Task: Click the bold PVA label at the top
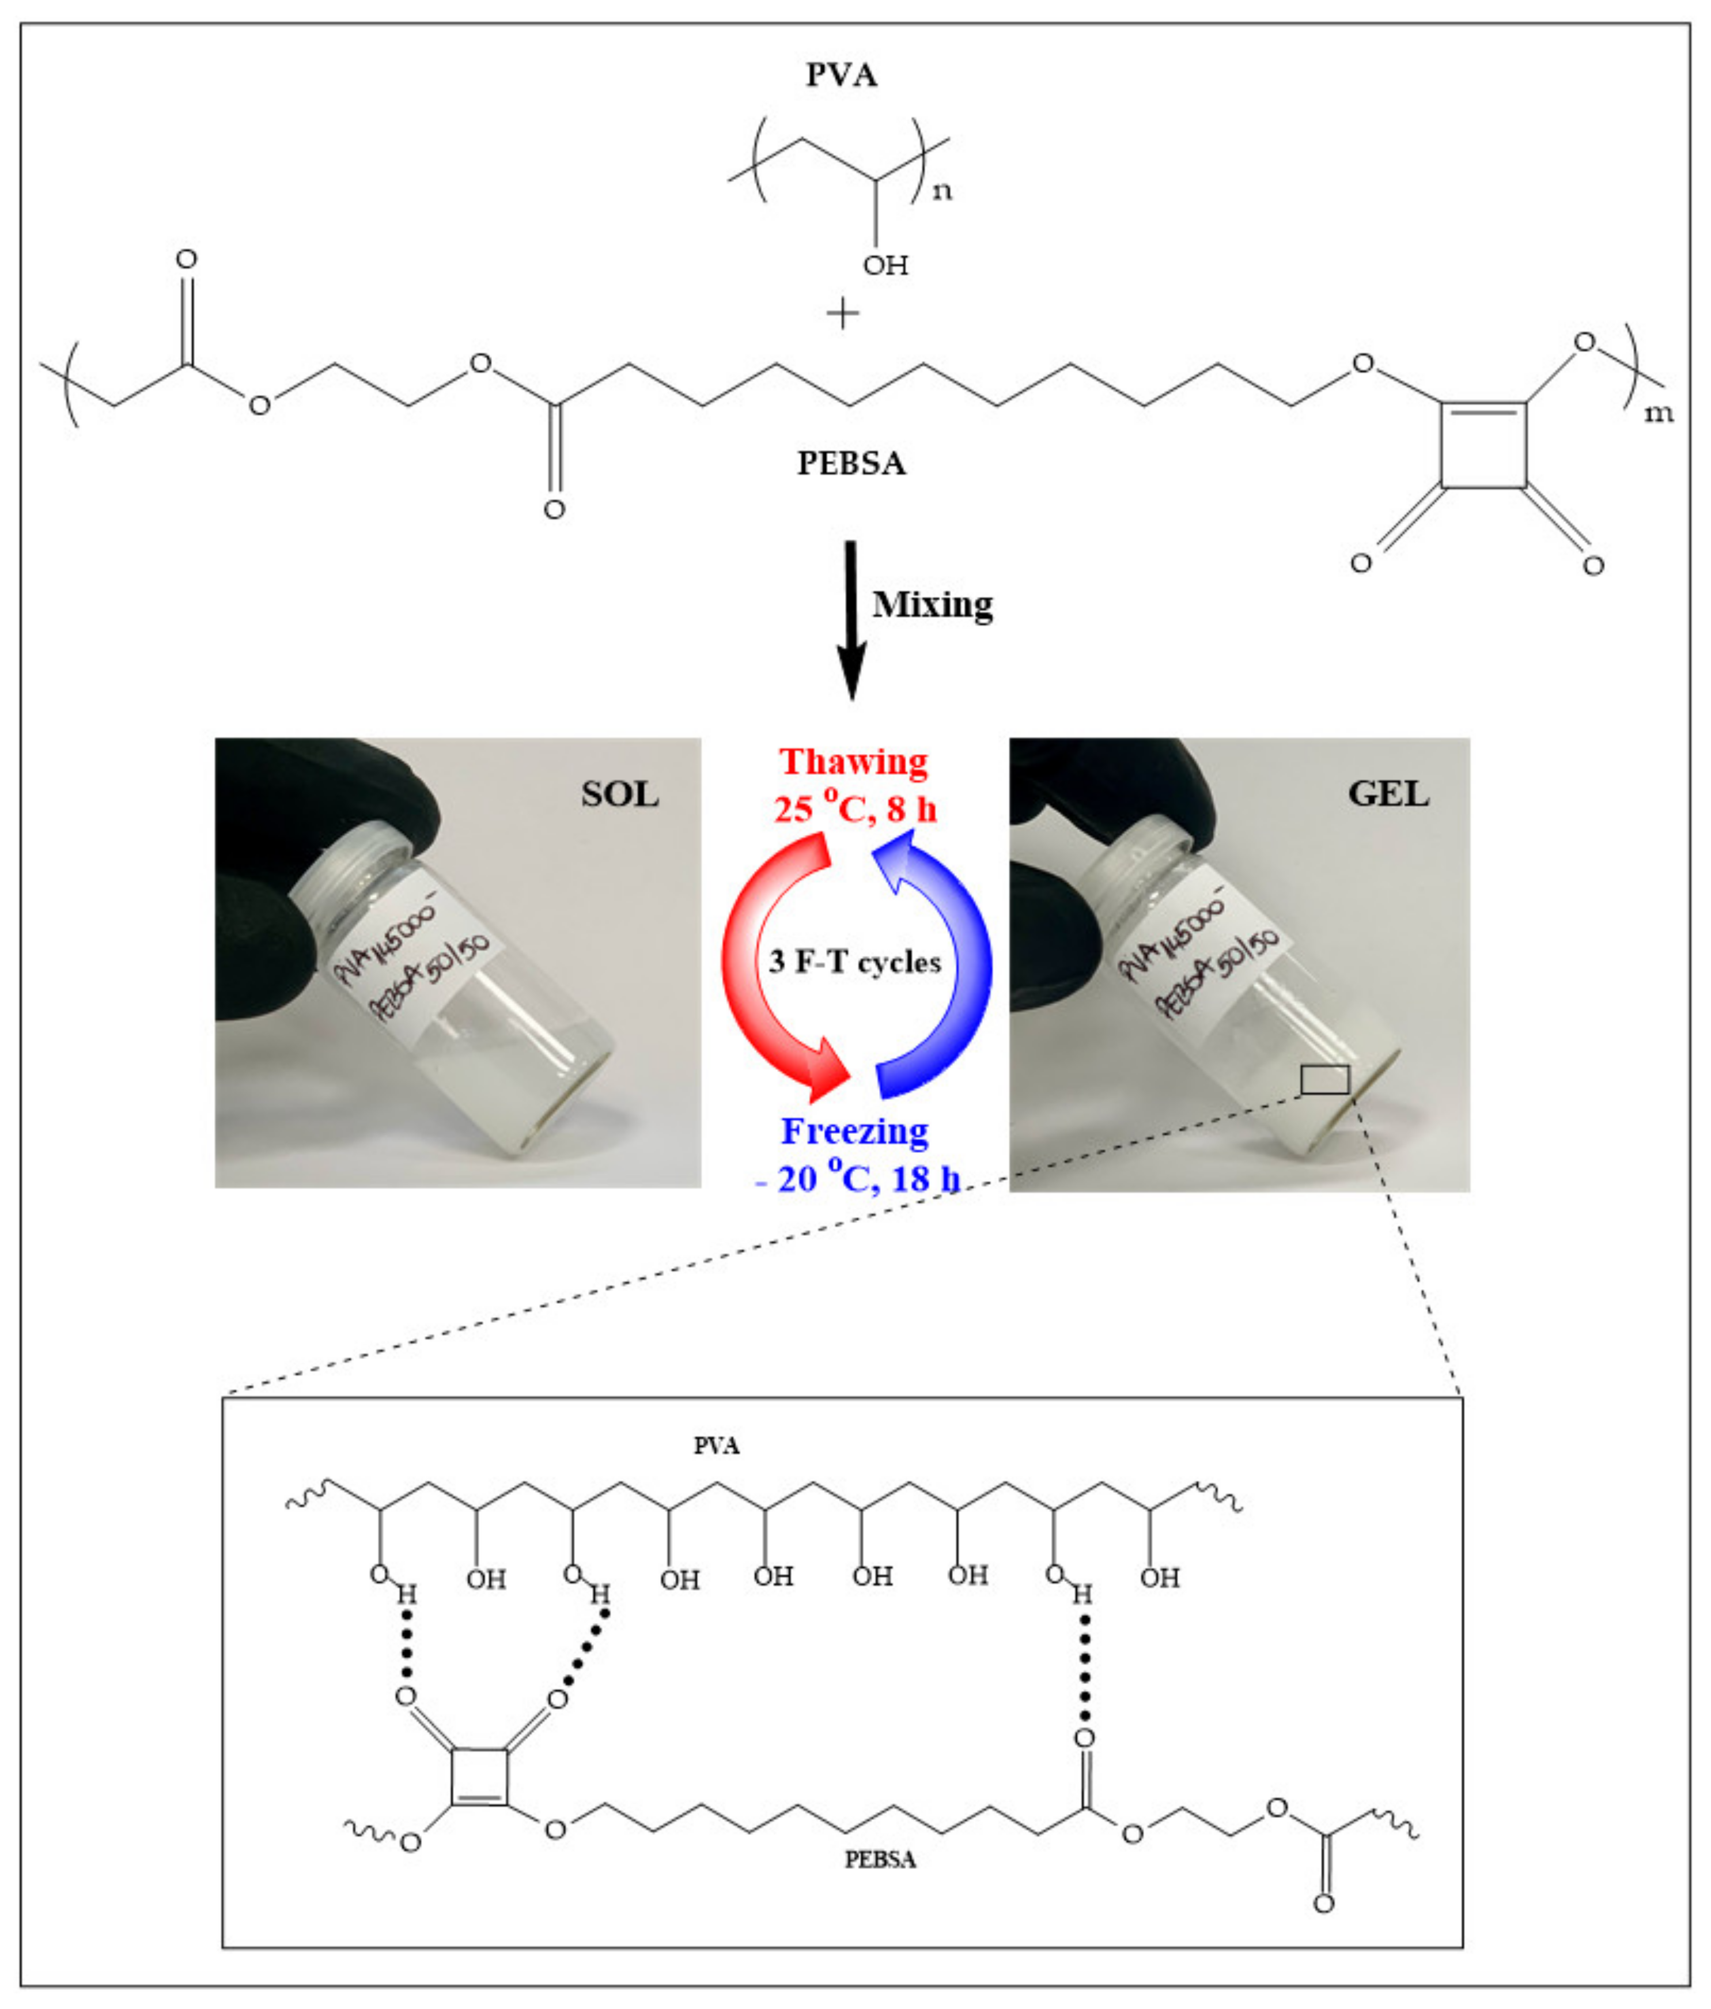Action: tap(841, 75)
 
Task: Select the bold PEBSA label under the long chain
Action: tap(851, 463)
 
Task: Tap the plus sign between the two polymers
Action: tap(842, 313)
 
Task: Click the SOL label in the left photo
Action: tap(619, 794)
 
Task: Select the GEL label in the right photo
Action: tap(1388, 794)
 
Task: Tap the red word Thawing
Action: tap(854, 762)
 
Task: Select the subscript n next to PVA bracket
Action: tap(941, 191)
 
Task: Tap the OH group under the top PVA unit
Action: tap(885, 264)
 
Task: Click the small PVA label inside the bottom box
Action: tap(717, 1446)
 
